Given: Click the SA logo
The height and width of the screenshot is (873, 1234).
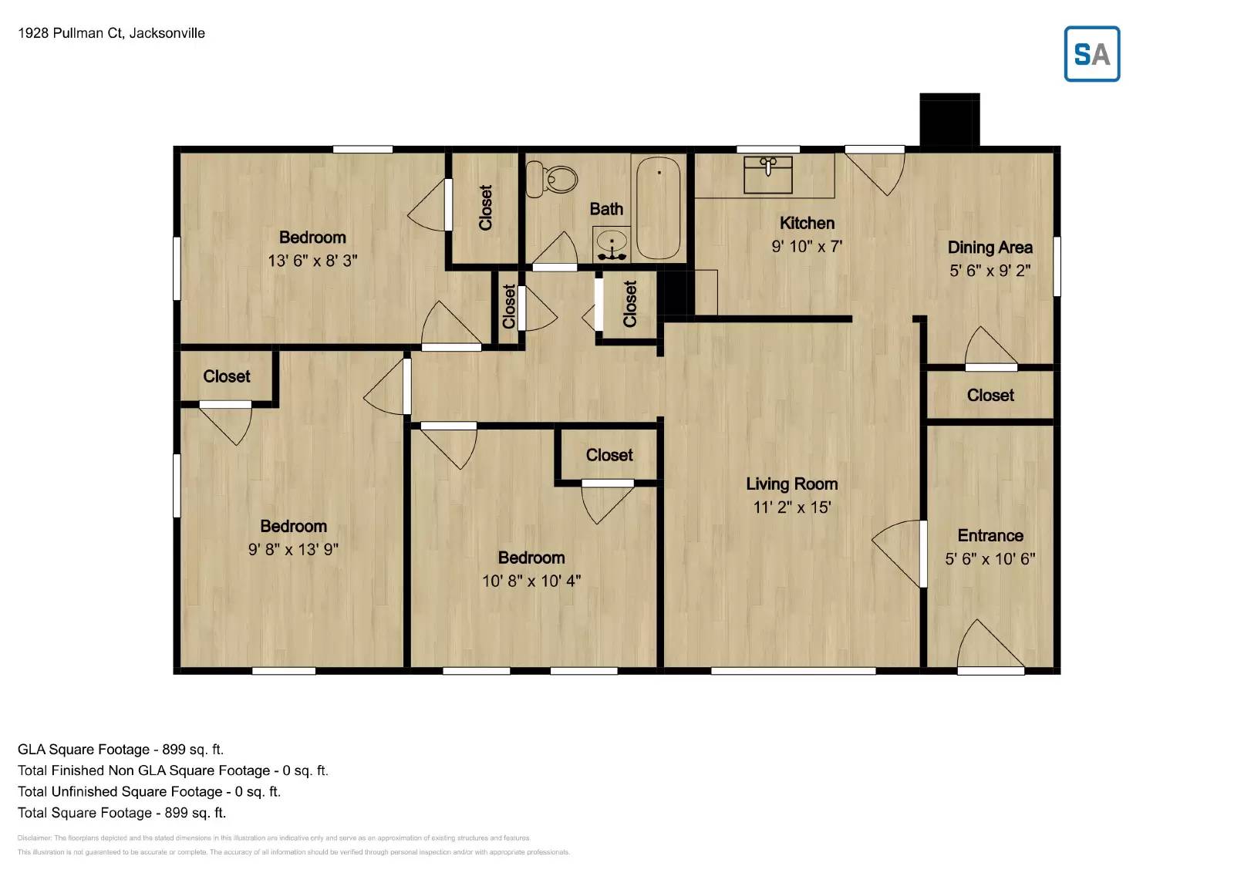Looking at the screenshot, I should [1091, 54].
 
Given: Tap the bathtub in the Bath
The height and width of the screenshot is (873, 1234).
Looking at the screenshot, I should [658, 207].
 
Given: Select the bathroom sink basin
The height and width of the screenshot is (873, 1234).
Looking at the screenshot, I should [612, 244].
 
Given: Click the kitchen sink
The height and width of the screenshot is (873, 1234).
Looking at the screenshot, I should [767, 174].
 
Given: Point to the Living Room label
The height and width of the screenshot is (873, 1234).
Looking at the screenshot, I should [791, 484].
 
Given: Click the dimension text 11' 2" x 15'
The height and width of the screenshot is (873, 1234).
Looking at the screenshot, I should [791, 507].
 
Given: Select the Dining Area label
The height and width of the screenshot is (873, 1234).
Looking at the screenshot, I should [990, 248].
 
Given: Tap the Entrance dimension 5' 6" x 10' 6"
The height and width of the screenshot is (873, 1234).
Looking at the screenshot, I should [990, 559].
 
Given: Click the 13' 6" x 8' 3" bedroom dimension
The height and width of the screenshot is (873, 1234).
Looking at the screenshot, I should [312, 261].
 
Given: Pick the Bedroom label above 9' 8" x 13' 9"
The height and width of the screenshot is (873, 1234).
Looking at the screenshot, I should [293, 526].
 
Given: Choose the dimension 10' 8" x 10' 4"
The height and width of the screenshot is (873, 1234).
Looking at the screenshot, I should [531, 581].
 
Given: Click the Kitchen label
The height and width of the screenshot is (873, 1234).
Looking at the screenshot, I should [807, 223].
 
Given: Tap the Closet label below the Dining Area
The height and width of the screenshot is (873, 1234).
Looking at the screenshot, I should [990, 395].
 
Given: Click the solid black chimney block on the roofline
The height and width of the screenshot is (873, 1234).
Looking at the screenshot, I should [949, 120].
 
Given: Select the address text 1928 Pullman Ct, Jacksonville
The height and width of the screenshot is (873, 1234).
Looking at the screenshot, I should [111, 33].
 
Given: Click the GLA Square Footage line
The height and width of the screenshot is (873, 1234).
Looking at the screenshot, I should [120, 750].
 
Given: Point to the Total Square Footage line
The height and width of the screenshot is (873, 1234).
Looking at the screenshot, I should [122, 813].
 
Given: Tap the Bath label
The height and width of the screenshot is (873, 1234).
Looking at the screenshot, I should [606, 209].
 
